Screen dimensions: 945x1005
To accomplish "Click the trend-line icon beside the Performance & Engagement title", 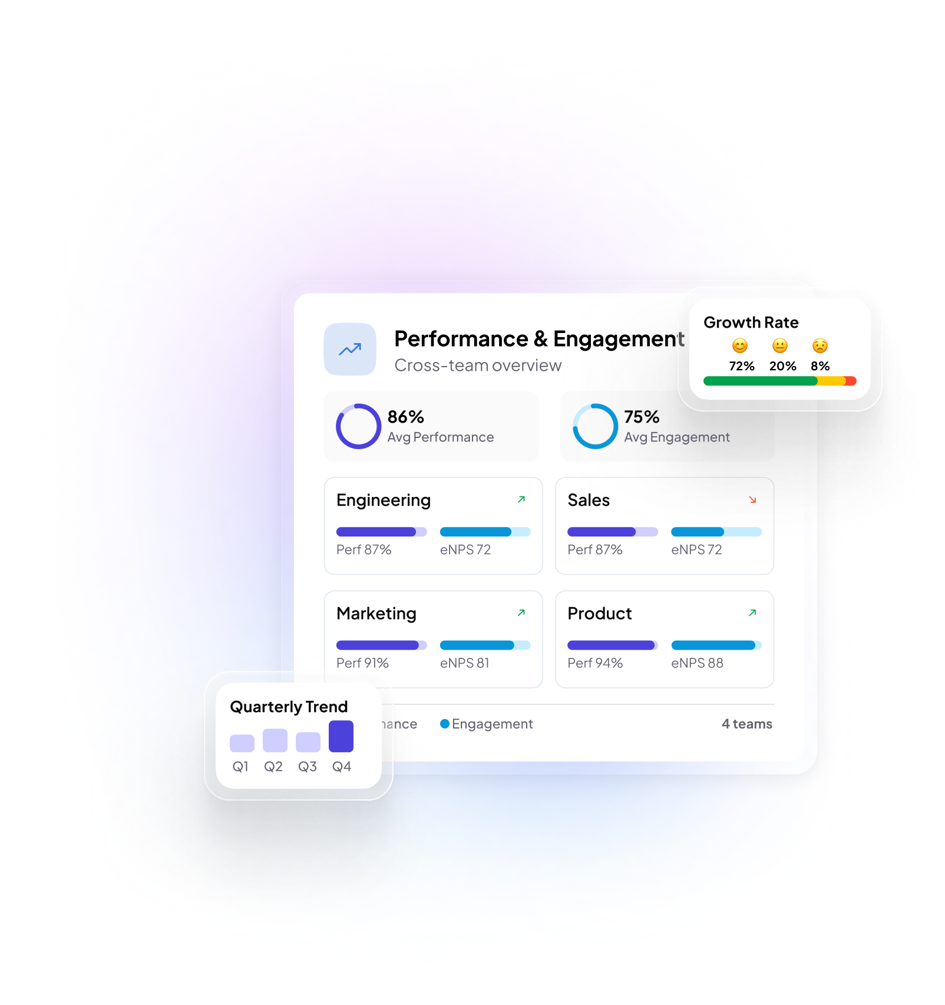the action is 350,350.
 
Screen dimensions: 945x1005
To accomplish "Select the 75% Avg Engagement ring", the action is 574,426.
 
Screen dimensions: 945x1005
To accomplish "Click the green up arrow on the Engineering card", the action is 521,499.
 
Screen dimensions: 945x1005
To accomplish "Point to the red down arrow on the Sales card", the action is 752,499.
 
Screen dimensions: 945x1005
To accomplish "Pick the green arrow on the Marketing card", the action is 521,613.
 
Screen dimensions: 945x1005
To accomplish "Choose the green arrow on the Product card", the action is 752,613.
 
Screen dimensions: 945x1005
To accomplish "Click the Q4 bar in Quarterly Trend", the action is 341,736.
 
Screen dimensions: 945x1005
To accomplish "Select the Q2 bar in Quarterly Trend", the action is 275,740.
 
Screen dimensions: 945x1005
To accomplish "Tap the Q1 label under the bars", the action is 240,766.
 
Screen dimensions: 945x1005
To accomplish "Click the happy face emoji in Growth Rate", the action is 740,345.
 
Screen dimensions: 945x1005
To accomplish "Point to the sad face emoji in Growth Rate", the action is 820,345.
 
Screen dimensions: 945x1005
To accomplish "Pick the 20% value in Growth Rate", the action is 782,366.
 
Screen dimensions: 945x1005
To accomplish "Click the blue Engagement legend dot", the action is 445,723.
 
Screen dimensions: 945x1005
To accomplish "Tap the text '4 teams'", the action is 747,724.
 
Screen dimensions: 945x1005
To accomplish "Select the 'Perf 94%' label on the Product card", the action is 595,663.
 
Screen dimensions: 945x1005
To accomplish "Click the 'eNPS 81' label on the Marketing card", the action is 465,663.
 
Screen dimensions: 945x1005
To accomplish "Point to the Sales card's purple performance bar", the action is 602,532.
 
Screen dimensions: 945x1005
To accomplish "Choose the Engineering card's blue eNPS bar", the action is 475,532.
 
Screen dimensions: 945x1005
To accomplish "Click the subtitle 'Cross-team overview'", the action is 478,365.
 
